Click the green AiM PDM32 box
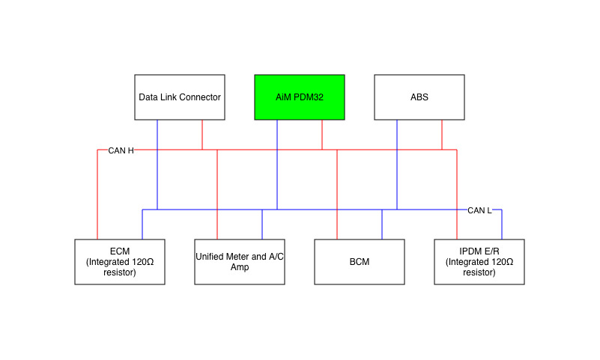300,97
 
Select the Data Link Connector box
180,97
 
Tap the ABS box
419,97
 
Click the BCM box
360,262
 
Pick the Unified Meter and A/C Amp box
240,262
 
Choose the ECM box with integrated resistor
120,262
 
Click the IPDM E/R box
479,262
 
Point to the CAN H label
121,150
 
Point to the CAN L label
479,210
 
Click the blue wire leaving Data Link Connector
157,172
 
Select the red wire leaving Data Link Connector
202,135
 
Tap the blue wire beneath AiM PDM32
277,172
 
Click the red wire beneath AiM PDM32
322,135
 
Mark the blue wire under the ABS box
397,172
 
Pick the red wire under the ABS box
442,135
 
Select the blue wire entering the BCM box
382,225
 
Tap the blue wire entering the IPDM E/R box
502,225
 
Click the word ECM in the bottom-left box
120,252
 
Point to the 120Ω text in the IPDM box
500,262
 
